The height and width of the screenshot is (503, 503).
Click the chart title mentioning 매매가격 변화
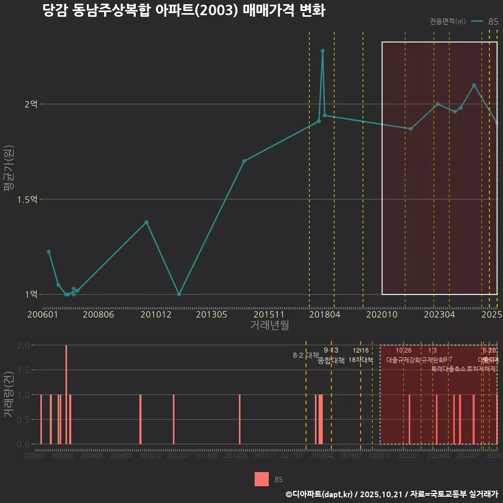pyautogui.click(x=184, y=11)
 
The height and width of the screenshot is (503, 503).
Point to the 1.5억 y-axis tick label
pyautogui.click(x=28, y=200)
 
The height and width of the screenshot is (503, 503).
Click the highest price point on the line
pyautogui.click(x=323, y=51)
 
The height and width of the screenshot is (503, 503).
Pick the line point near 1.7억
pyautogui.click(x=244, y=161)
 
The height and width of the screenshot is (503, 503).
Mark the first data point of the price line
pyautogui.click(x=49, y=251)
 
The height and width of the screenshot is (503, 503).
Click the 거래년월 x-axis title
pyautogui.click(x=269, y=325)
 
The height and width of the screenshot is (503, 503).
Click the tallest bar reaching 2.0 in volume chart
pyautogui.click(x=66, y=394)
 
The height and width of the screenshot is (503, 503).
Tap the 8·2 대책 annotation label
pyautogui.click(x=306, y=355)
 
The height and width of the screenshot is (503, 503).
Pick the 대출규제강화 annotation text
pyautogui.click(x=403, y=360)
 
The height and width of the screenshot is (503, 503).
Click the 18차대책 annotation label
pyautogui.click(x=360, y=360)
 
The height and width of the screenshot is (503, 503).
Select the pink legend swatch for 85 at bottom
pyautogui.click(x=261, y=479)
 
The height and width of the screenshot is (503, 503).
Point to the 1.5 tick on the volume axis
pyautogui.click(x=23, y=370)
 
